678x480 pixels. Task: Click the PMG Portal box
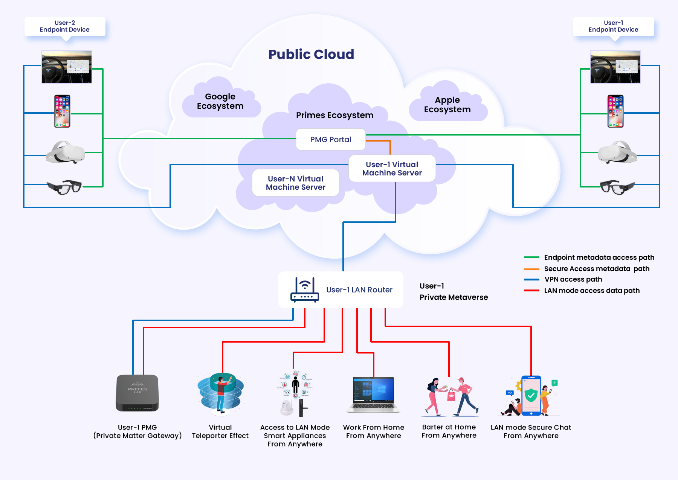pos(331,139)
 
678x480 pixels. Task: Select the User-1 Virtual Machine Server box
pos(392,169)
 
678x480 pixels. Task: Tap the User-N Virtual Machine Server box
pos(296,183)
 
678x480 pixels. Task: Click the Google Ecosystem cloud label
pos(220,101)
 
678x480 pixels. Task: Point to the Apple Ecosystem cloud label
pos(447,105)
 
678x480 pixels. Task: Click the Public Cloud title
pos(311,54)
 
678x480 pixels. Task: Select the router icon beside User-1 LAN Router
pos(305,290)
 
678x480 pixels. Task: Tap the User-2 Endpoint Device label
pos(65,26)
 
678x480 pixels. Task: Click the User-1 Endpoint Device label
pos(614,26)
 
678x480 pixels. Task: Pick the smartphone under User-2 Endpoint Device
pos(62,111)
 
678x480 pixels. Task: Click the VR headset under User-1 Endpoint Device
pos(617,152)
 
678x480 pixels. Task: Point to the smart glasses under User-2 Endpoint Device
pos(64,187)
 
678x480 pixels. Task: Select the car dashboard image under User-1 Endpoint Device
pos(615,67)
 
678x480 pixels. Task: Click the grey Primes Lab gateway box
pos(137,393)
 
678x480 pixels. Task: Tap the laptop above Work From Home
pos(374,395)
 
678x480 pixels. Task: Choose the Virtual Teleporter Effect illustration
pos(221,394)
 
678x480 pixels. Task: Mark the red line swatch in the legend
pos(532,291)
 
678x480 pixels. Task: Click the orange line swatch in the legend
pos(532,269)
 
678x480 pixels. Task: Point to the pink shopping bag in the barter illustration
pos(451,395)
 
